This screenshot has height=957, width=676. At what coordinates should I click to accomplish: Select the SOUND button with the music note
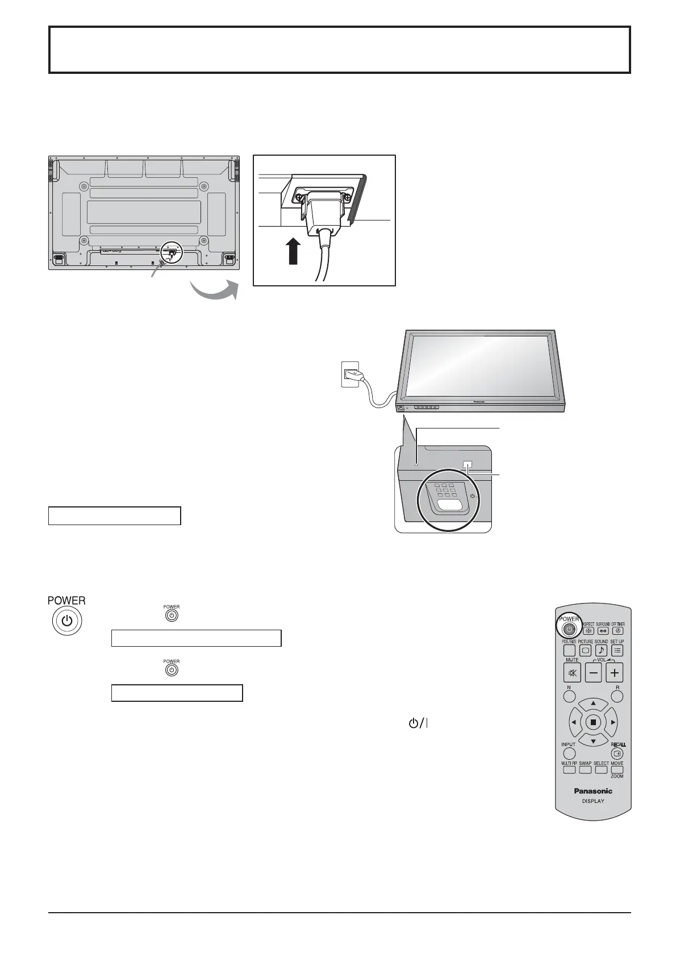click(x=601, y=651)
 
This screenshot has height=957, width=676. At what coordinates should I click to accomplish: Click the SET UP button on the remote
click(x=617, y=651)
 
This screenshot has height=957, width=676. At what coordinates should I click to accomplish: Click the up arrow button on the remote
click(x=593, y=704)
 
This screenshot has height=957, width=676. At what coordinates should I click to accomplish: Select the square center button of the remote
click(x=593, y=722)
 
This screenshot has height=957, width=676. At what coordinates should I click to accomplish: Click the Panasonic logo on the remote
click(x=592, y=790)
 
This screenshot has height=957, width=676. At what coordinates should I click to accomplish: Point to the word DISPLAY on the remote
click(x=592, y=801)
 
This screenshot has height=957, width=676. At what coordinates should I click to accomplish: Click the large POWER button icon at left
click(x=67, y=619)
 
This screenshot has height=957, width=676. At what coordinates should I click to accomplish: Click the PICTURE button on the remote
click(x=585, y=651)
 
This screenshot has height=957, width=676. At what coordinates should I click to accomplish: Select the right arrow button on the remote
click(x=612, y=722)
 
